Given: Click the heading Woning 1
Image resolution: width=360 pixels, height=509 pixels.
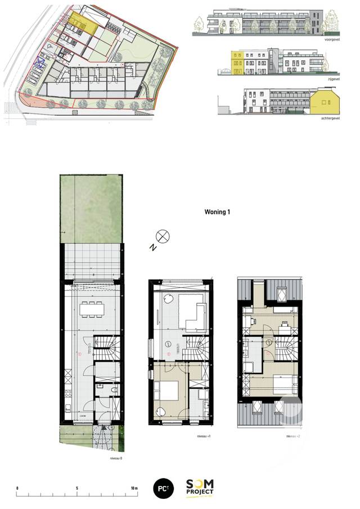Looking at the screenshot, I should [x=217, y=213].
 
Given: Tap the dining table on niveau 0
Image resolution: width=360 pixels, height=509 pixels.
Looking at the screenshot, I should [x=92, y=308].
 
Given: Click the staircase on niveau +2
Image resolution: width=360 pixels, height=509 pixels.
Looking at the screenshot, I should [x=287, y=349].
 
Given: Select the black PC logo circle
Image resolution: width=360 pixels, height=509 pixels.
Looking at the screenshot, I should [x=163, y=488].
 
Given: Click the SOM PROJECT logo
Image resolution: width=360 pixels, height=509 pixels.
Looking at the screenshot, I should [x=200, y=488].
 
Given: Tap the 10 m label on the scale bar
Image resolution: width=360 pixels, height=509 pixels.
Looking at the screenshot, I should [x=133, y=487].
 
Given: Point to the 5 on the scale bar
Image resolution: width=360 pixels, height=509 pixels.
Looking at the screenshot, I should [x=76, y=487].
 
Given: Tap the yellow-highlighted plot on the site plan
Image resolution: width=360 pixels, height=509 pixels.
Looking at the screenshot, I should [x=83, y=23].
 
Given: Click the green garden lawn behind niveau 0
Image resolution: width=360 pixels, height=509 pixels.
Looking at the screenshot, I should [x=91, y=208].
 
